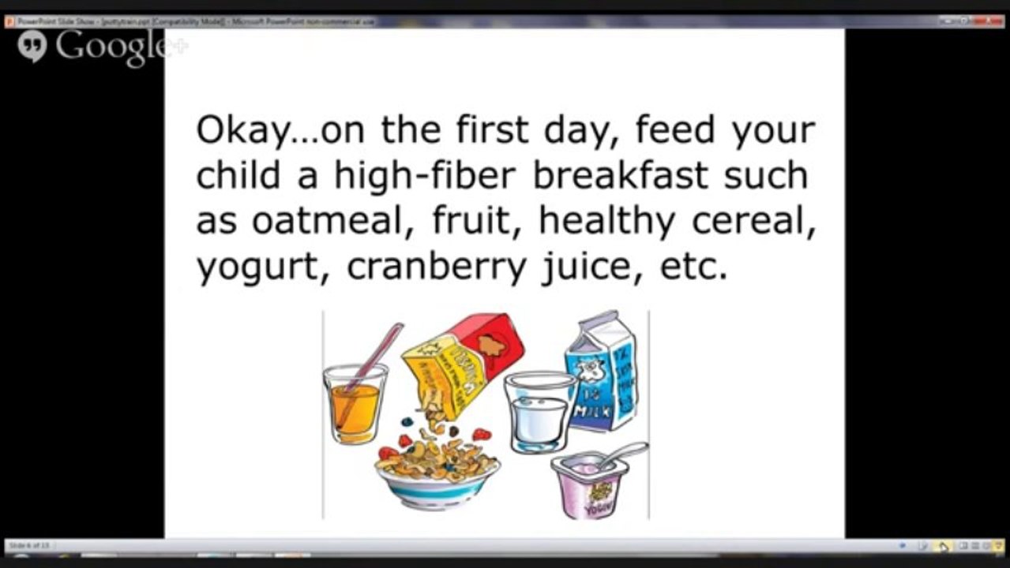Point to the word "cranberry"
pyautogui.click(x=436, y=268)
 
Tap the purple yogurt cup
pyautogui.click(x=589, y=485)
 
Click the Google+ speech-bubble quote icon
pyautogui.click(x=32, y=47)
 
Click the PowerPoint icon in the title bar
pyautogui.click(x=9, y=21)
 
